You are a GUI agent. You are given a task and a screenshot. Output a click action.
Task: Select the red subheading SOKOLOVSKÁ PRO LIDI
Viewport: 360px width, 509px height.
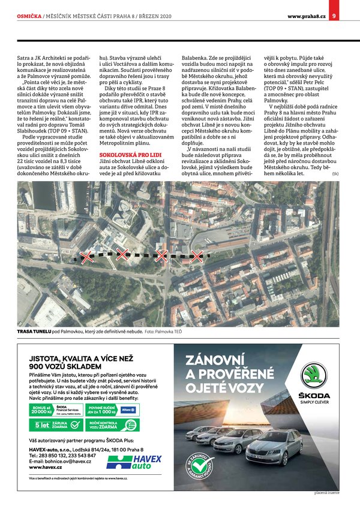(124, 155)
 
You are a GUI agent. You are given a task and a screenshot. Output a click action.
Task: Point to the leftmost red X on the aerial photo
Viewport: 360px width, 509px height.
(87, 257)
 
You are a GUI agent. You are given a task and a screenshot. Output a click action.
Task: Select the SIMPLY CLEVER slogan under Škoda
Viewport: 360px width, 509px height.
(314, 402)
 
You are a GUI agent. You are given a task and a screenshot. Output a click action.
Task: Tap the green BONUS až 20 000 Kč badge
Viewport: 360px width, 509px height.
(41, 409)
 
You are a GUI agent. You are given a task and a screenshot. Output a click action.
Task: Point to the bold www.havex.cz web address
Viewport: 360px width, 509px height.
(44, 466)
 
